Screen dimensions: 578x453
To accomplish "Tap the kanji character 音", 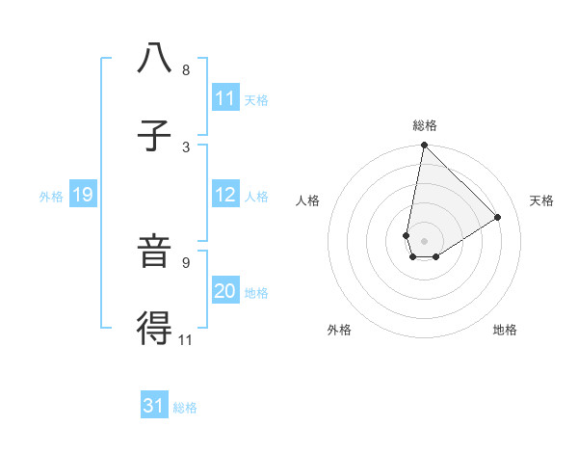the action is [154, 253].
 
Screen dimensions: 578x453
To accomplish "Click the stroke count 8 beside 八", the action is [186, 69].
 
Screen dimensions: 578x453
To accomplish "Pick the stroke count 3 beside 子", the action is [186, 147].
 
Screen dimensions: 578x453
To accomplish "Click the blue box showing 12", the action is [225, 195].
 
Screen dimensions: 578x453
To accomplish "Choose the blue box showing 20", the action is [225, 291].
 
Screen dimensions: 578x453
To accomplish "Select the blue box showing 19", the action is [83, 195].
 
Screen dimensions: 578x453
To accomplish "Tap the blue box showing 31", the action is [154, 406].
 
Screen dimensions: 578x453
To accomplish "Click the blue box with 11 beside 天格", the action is [225, 98].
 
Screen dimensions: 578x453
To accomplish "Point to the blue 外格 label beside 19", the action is [51, 196].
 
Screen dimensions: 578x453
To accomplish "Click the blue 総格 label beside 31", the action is [185, 407].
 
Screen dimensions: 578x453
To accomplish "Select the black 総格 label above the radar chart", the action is [425, 125].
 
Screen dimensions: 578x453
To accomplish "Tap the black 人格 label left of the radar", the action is [308, 200].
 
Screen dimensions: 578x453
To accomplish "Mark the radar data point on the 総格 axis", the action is [424, 146].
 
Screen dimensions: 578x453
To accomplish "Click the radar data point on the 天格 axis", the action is [498, 218].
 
